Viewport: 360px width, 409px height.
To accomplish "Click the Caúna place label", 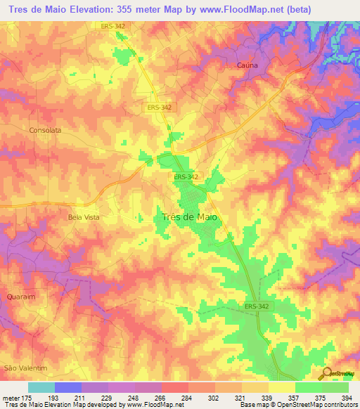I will tap(243, 65).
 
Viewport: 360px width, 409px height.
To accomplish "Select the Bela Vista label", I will tap(84, 218).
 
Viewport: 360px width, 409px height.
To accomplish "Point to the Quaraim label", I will tap(20, 297).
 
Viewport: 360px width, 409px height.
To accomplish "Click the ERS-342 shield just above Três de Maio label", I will tap(187, 178).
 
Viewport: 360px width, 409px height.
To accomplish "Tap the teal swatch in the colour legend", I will tap(41, 387).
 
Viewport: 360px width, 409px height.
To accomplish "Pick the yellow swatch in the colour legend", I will tap(281, 387).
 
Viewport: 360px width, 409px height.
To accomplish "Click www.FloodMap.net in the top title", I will tap(248, 8).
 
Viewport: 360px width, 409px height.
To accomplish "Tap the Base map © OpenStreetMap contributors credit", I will tap(298, 405).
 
